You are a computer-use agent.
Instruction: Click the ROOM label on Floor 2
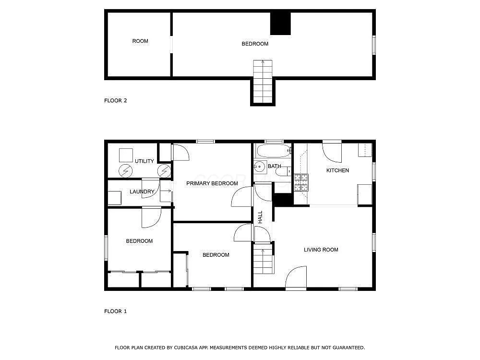tap(140, 41)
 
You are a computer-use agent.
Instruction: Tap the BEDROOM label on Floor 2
tap(255, 44)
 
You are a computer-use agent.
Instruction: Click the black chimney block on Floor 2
tap(280, 24)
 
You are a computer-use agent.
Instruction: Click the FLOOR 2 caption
tap(115, 101)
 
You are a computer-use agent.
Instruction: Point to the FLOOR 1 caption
tap(115, 312)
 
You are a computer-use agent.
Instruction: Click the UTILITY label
tap(144, 161)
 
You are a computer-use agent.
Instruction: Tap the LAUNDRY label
tap(142, 192)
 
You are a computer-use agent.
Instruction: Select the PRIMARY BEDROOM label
tap(212, 183)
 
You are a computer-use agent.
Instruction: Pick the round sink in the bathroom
tap(260, 167)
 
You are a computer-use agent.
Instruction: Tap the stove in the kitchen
tap(301, 182)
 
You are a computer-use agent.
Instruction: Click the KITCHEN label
tap(337, 170)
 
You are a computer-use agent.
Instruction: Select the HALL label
tap(260, 217)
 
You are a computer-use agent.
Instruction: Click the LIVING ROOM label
tap(321, 250)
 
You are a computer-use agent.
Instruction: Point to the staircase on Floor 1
tap(263, 262)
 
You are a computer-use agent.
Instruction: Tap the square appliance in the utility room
tap(126, 155)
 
